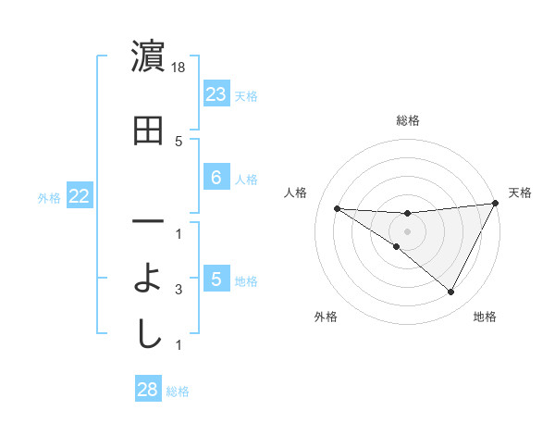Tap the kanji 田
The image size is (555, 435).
click(x=148, y=132)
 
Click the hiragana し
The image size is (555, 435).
click(x=148, y=334)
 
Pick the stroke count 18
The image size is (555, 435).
click(x=179, y=68)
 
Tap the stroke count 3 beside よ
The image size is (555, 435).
click(x=179, y=290)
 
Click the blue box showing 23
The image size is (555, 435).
click(x=216, y=94)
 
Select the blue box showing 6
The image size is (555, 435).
click(x=216, y=178)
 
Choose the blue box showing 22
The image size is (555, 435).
click(x=79, y=196)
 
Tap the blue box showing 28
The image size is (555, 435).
click(x=148, y=390)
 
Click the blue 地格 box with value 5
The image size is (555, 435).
click(x=216, y=280)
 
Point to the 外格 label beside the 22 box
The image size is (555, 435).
click(x=49, y=197)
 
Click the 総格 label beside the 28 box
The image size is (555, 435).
click(x=178, y=391)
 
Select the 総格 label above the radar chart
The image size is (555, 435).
click(x=407, y=120)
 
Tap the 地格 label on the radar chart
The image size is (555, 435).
click(x=485, y=317)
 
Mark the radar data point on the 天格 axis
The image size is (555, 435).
click(x=495, y=204)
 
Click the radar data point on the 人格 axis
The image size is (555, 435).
click(x=337, y=208)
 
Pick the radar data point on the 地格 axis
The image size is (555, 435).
click(x=450, y=292)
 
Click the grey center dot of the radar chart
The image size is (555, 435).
click(x=407, y=230)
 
